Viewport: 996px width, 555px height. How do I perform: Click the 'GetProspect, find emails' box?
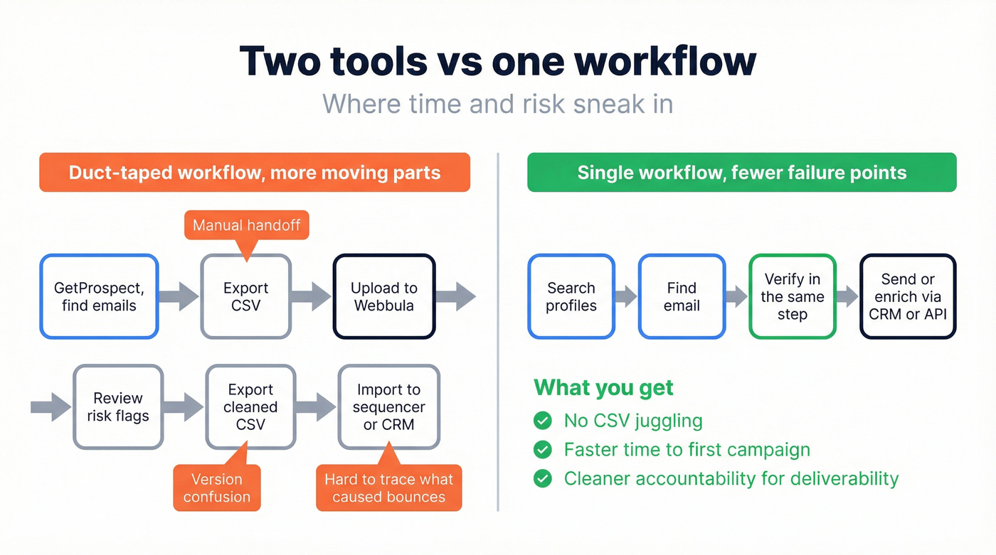[x=99, y=296]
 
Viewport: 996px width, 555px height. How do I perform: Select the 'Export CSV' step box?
[x=245, y=296]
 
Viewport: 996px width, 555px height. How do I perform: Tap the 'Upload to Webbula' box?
[x=384, y=296]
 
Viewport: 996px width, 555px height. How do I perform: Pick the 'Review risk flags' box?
[x=118, y=406]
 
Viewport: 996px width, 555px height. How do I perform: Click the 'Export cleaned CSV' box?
[x=250, y=406]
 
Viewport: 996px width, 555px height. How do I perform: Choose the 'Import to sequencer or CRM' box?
[x=388, y=406]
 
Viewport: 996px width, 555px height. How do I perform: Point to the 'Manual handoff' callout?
[x=246, y=226]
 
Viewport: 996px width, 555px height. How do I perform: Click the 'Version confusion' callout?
[x=217, y=487]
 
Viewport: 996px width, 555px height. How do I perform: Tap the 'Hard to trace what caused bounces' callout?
[x=388, y=487]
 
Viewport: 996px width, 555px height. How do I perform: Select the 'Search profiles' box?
[x=571, y=296]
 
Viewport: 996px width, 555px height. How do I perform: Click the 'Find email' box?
[x=682, y=296]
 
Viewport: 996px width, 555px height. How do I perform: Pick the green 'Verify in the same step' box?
[x=792, y=296]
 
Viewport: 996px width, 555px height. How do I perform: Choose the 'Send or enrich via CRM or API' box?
[x=908, y=296]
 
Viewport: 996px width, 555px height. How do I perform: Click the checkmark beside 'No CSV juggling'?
[x=543, y=421]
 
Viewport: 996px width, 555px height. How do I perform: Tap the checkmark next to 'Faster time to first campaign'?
[x=543, y=450]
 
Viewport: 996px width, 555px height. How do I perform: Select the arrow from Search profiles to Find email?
[x=625, y=296]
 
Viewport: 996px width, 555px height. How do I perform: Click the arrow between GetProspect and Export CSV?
[x=179, y=296]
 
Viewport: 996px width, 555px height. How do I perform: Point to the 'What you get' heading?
[x=603, y=388]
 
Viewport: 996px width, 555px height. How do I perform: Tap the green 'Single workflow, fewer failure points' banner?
[x=741, y=173]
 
